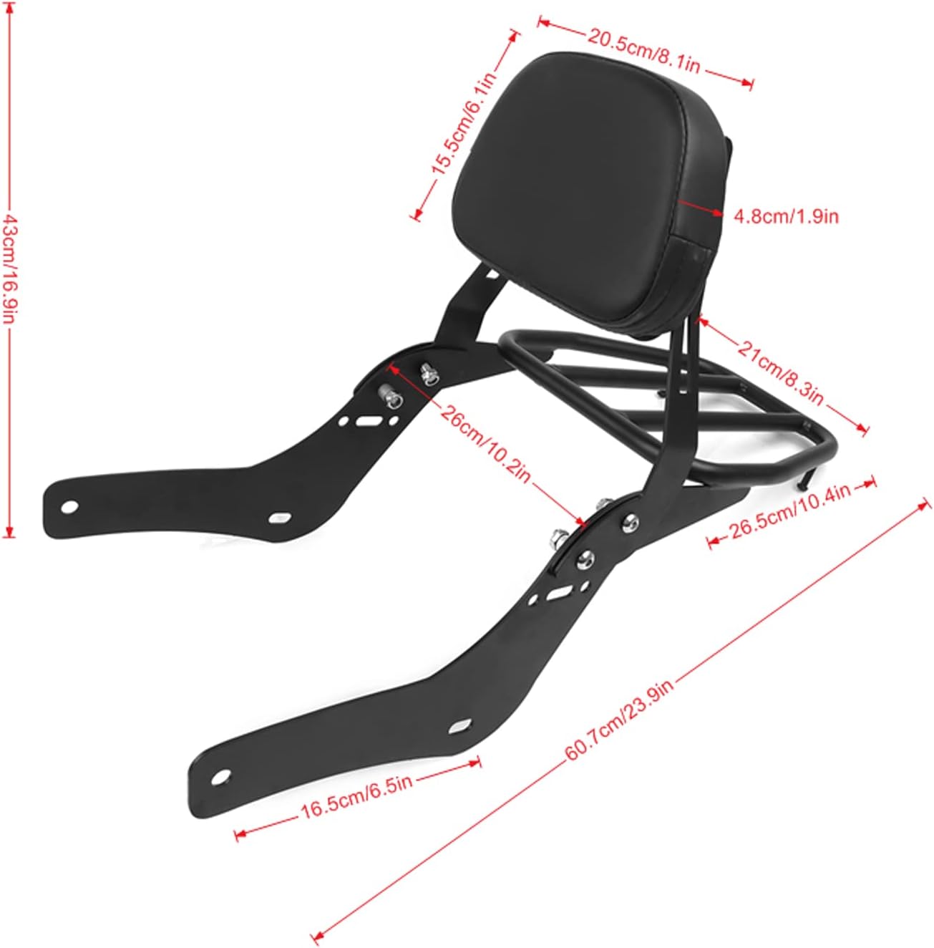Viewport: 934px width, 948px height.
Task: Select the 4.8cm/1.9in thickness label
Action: click(786, 216)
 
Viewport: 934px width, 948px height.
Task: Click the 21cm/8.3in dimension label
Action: click(781, 369)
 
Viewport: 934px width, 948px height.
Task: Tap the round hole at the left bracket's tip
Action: click(69, 507)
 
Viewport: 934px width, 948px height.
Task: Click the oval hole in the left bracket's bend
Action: click(280, 517)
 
